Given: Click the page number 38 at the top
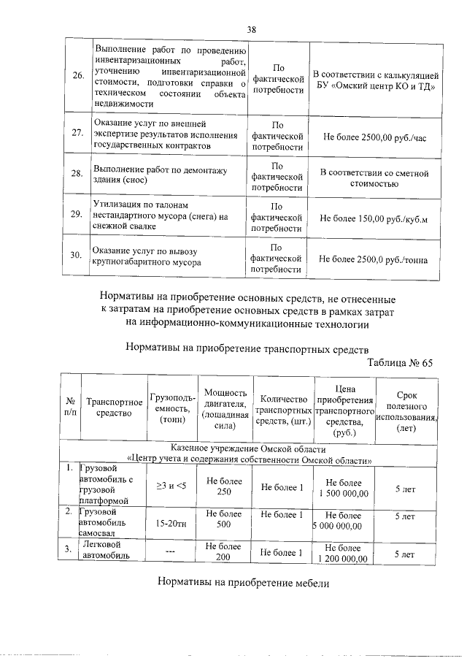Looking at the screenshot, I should click(251, 29).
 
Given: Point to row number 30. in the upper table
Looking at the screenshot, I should click(75, 256).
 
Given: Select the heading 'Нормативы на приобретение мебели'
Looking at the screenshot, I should click(243, 584).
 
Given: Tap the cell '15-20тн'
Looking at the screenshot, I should click(171, 522).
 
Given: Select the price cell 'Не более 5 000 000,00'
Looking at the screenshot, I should click(343, 521).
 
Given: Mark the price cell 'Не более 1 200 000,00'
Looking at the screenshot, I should click(343, 552).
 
